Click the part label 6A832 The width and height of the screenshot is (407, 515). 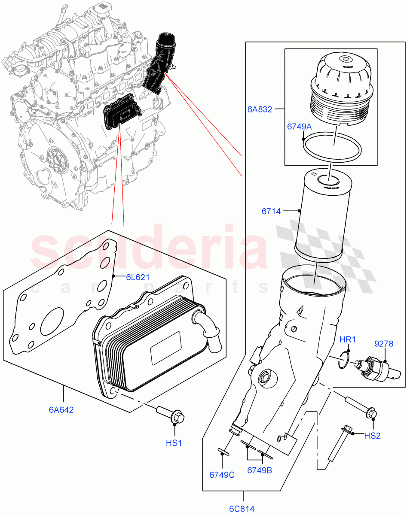click(260, 109)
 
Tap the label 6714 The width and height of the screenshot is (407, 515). click(271, 211)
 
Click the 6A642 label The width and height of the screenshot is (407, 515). click(61, 409)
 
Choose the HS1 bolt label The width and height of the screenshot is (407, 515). click(174, 442)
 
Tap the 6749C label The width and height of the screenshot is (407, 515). click(222, 475)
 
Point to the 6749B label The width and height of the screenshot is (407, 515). click(259, 470)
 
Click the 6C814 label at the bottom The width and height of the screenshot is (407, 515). click(242, 509)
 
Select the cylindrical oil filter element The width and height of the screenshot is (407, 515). click(319, 215)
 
